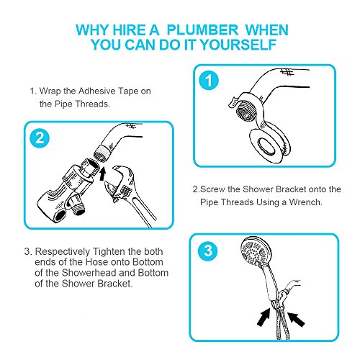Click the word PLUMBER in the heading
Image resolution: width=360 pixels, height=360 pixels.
tap(202, 30)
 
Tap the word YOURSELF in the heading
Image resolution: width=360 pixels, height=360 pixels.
tap(238, 45)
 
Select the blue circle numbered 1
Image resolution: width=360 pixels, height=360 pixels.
tap(209, 81)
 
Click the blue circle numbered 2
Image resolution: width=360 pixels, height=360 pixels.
tap(40, 138)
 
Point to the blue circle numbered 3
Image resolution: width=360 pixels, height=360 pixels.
tap(208, 251)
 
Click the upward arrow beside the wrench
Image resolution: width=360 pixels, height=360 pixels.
tap(102, 174)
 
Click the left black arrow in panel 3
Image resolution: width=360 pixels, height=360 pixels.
tap(264, 318)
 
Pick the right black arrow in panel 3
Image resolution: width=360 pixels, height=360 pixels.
tap(296, 319)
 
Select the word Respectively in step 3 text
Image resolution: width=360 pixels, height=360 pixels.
tap(63, 252)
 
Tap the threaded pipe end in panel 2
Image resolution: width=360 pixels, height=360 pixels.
tap(102, 153)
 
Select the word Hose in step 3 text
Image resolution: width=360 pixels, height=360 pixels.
tap(96, 262)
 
